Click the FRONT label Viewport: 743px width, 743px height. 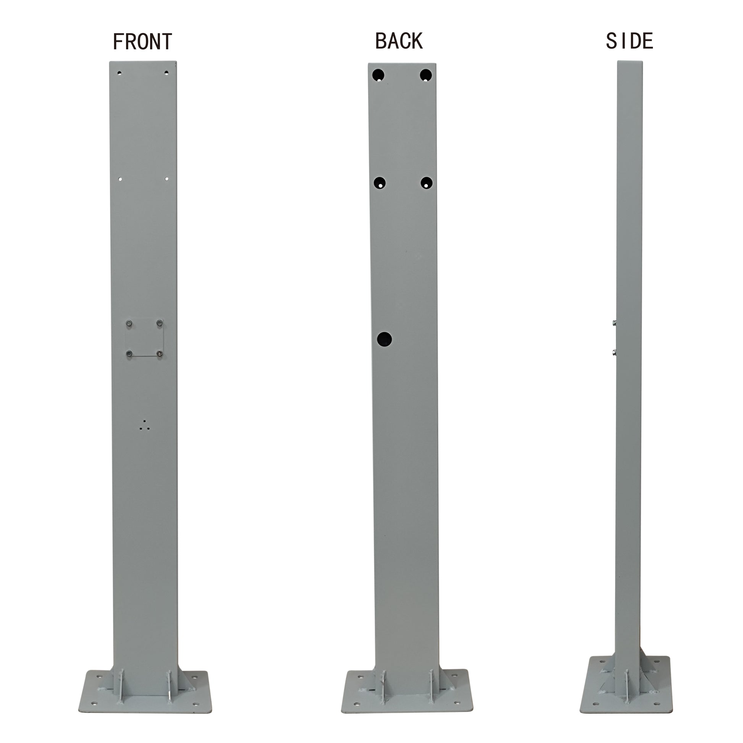[x=142, y=42]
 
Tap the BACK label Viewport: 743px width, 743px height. [x=399, y=41]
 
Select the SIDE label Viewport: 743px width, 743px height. [x=630, y=41]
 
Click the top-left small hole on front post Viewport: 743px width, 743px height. [x=119, y=73]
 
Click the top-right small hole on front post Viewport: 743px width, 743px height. [x=166, y=72]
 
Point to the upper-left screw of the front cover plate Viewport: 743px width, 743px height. [x=129, y=323]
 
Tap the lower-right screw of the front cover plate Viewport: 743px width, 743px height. [x=159, y=353]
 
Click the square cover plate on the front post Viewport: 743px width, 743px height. [x=145, y=338]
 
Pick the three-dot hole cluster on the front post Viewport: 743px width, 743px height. [x=144, y=425]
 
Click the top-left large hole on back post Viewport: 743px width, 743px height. [x=378, y=75]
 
